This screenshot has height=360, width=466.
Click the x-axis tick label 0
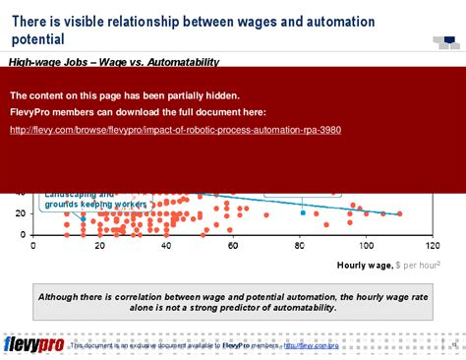(x=33, y=246)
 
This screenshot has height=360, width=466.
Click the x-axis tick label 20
(x=99, y=246)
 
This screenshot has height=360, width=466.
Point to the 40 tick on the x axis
(x=166, y=246)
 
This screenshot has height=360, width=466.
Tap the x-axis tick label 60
(x=233, y=246)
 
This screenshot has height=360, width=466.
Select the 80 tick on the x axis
(x=299, y=246)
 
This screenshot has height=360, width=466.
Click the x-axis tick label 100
(x=365, y=246)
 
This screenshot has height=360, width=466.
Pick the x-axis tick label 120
(x=432, y=246)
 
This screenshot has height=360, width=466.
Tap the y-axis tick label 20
(x=22, y=213)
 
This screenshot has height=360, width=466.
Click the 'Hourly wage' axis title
(x=365, y=266)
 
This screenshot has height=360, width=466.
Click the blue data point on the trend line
(x=304, y=212)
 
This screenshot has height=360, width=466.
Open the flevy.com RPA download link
(x=175, y=130)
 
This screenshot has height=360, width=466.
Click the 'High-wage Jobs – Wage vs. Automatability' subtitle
(x=113, y=62)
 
